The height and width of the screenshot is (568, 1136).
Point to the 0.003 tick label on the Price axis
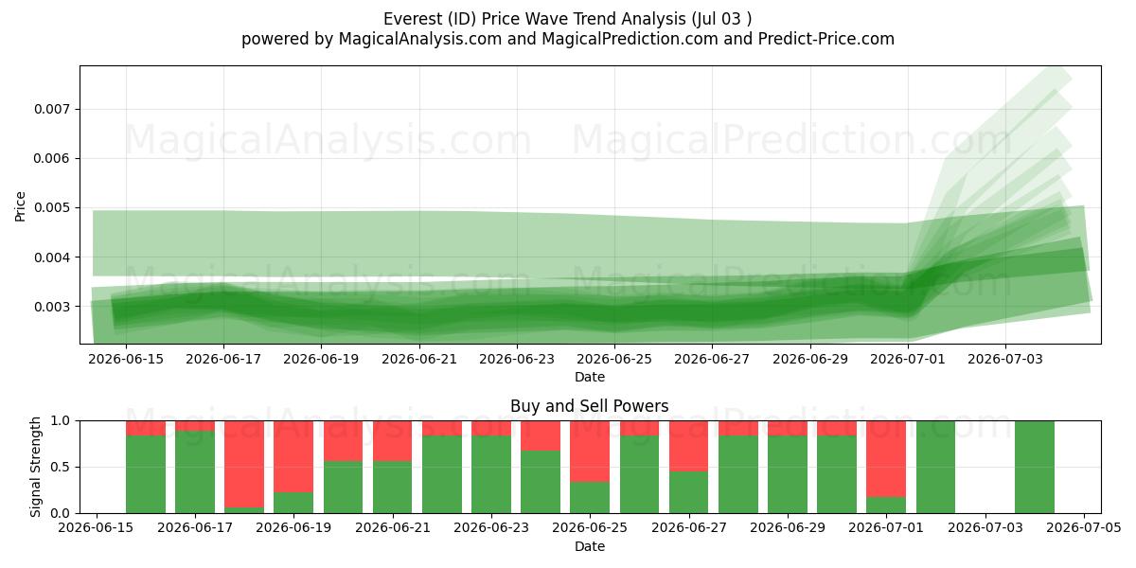click(x=53, y=307)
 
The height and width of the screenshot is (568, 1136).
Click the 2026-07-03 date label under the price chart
click(x=1005, y=359)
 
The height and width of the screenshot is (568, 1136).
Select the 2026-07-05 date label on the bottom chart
click(x=1084, y=527)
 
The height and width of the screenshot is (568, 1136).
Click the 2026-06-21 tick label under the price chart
click(x=418, y=359)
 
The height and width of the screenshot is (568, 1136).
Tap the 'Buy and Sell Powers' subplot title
click(x=589, y=406)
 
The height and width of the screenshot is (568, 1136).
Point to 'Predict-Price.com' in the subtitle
click(x=826, y=39)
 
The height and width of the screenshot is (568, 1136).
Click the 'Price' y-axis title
click(x=20, y=206)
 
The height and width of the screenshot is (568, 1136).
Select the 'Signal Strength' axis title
click(x=35, y=467)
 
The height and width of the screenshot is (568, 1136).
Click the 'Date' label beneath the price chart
click(x=589, y=377)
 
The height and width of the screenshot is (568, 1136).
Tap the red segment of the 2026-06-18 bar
click(x=244, y=464)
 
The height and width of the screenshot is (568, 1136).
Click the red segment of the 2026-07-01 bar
click(x=886, y=458)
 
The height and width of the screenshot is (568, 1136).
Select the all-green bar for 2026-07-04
click(x=1035, y=467)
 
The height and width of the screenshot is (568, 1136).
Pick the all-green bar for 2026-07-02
click(x=935, y=467)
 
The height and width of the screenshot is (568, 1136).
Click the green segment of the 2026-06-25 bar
click(x=590, y=498)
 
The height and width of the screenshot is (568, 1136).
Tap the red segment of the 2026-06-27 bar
click(x=689, y=446)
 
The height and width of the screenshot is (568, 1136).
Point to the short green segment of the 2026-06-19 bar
click(x=293, y=503)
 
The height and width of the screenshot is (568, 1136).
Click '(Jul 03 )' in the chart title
click(x=721, y=19)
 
